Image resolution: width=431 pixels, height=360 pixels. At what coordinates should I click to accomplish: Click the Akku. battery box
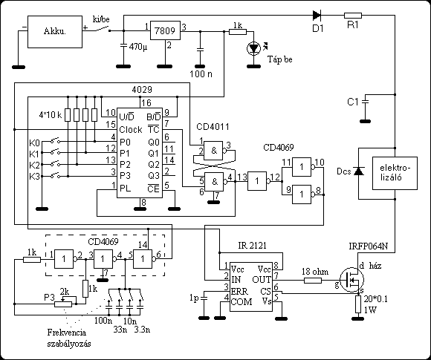coord(55,32)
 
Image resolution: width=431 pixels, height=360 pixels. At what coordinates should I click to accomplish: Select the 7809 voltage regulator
coord(165,30)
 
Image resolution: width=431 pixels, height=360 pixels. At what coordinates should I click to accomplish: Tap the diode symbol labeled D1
coord(317,15)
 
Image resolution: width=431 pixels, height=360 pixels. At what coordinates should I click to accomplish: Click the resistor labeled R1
coord(353,16)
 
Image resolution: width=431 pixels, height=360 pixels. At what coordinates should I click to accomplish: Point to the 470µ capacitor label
coord(138,47)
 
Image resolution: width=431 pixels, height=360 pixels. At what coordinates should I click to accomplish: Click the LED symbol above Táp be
coord(253,48)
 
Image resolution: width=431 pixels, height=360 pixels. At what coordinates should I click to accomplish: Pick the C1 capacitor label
coord(353,102)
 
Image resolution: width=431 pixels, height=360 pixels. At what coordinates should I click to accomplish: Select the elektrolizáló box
coord(395,173)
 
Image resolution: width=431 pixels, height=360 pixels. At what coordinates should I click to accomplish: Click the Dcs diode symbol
coord(358,171)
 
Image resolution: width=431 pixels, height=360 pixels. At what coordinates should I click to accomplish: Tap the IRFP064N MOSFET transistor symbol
coord(351,280)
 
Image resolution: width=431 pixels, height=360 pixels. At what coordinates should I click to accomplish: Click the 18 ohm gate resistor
coord(313,281)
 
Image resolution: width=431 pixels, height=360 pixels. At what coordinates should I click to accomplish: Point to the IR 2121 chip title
coord(252,245)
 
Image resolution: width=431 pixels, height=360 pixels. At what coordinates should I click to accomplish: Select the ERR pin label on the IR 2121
coord(240,291)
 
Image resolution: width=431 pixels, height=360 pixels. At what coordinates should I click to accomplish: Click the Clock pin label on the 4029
coord(131,130)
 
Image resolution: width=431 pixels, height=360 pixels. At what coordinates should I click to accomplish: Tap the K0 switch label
coord(34,143)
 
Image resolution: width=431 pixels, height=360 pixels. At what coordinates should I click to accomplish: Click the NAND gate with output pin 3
coord(213,151)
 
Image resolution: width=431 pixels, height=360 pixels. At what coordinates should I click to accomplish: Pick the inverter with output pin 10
coord(302,167)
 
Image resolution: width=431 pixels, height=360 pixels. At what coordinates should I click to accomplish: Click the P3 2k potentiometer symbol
coord(63,304)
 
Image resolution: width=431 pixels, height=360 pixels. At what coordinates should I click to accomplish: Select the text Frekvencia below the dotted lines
coord(67,333)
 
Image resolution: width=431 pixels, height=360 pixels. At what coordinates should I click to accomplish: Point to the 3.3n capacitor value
coord(142,330)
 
